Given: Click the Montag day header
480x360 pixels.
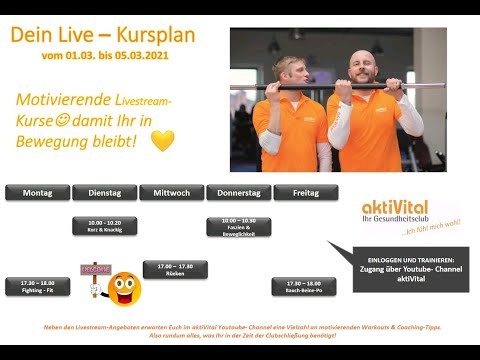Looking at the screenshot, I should [x=38, y=192].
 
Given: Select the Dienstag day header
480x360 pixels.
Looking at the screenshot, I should [x=104, y=192].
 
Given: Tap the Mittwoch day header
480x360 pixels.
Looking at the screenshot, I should [x=171, y=192].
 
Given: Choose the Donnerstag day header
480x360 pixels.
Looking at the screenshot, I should [x=238, y=192].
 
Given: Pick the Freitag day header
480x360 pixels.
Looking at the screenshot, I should [x=305, y=192].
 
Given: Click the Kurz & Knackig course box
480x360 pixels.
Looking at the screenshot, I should [x=104, y=225].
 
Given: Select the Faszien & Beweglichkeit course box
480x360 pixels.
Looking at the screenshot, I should [x=238, y=225].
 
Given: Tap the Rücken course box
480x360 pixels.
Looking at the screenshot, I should [x=171, y=269].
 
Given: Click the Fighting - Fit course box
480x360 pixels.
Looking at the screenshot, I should [x=38, y=286].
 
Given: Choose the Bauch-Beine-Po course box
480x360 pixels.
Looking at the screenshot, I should [x=305, y=286].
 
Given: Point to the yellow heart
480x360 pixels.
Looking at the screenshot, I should [x=162, y=141].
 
